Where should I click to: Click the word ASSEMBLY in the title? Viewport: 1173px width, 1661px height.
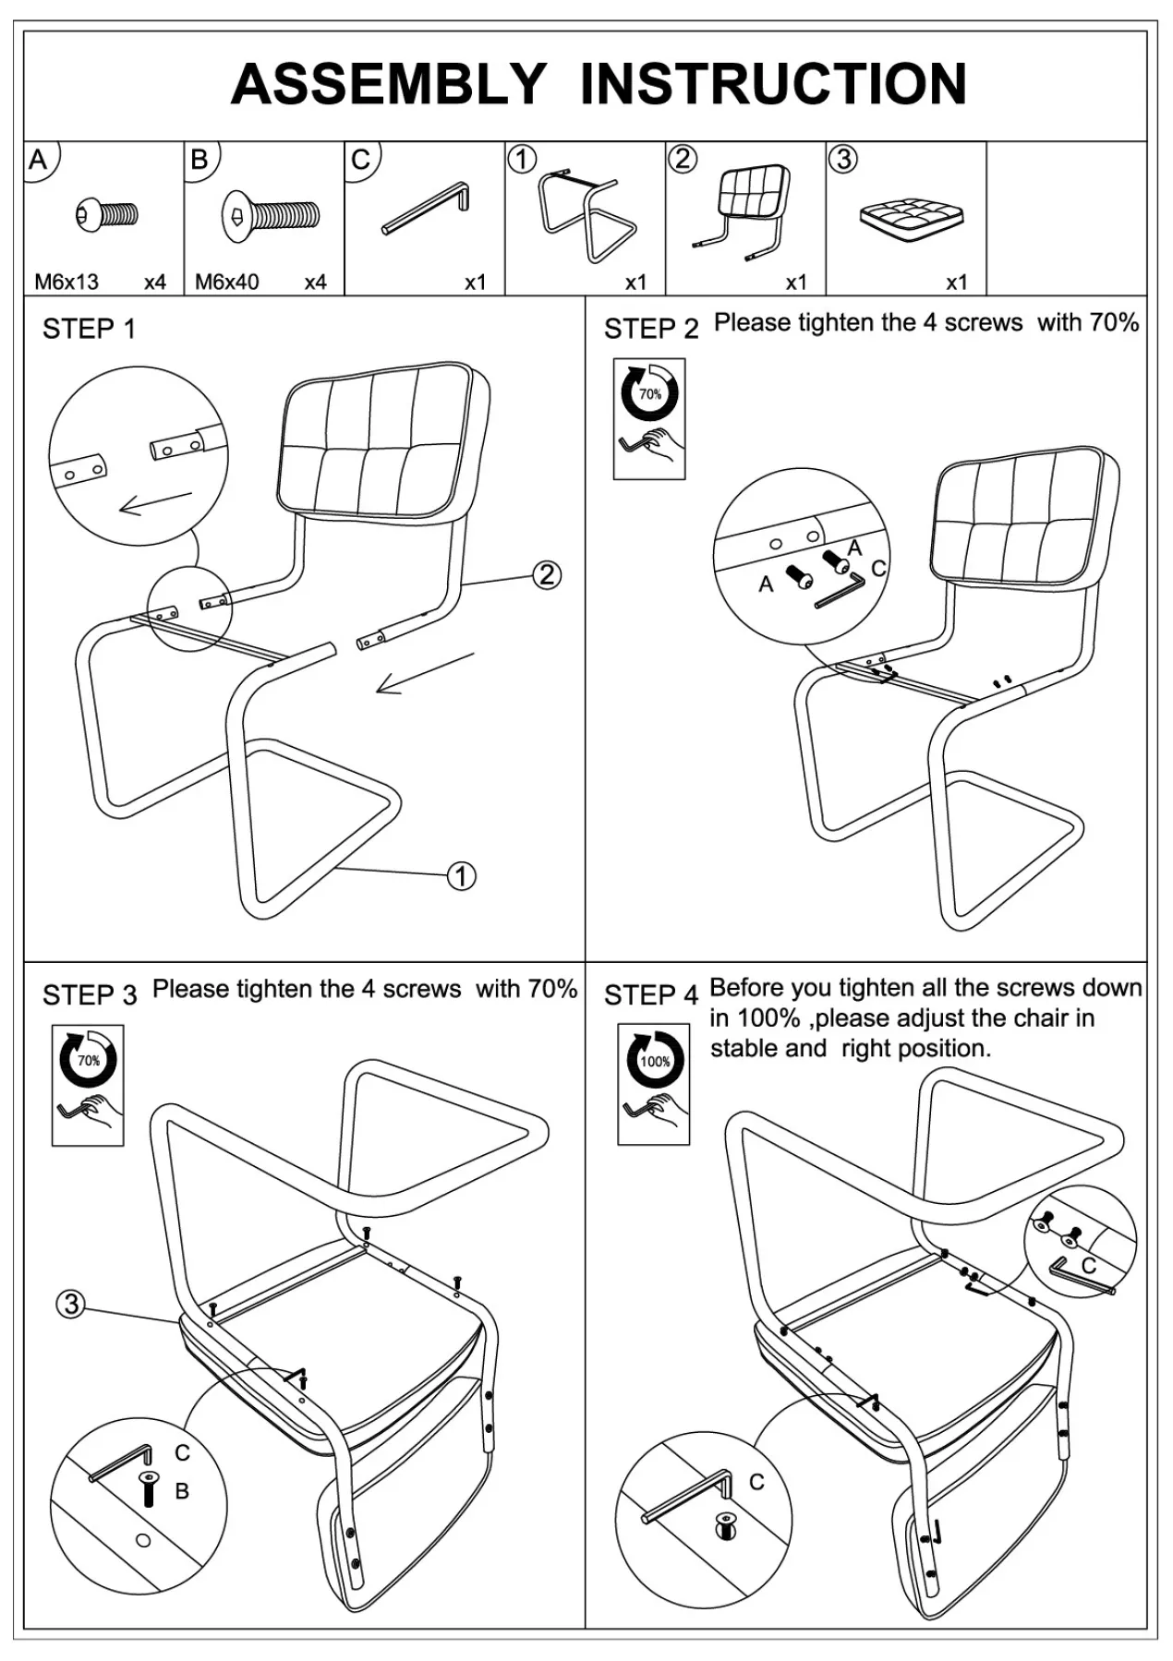389,84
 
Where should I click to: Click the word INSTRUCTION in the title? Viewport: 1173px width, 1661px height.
774,84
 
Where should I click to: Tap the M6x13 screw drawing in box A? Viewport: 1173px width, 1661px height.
107,215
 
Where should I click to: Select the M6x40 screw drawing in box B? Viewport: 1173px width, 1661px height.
272,217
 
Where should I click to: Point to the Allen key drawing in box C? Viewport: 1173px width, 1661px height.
426,210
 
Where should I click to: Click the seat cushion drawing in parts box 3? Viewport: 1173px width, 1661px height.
912,218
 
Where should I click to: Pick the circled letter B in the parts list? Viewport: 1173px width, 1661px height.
200,160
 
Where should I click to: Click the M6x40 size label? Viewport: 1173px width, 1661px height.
226,282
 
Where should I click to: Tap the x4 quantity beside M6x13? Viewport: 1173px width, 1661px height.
155,282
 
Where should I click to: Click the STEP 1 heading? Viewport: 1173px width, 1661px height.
89,329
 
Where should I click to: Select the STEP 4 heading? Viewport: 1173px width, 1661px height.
650,995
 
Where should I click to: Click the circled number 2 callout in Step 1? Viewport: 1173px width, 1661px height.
547,575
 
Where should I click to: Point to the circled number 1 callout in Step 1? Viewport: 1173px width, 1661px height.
462,875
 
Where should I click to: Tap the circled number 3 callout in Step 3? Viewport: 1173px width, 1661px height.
71,1304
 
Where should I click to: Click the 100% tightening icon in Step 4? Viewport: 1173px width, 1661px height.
654,1085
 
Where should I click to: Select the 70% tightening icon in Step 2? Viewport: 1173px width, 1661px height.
649,418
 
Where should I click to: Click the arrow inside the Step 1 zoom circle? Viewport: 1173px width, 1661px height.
155,503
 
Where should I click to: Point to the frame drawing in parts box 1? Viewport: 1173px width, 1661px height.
586,213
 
